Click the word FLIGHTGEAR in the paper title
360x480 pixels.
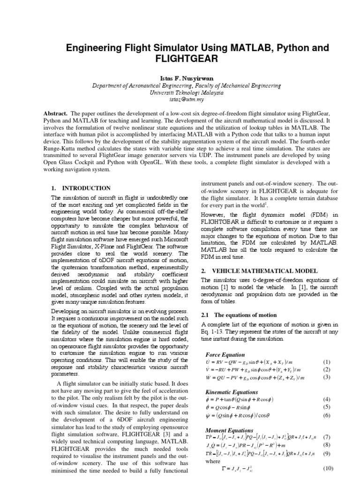pyautogui.click(x=180, y=60)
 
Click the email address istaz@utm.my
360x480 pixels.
pyautogui.click(x=180, y=99)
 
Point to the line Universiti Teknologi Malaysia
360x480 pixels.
pyautogui.click(x=180, y=92)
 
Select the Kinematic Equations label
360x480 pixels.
pyautogui.click(x=232, y=392)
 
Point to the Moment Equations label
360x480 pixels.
pyautogui.click(x=230, y=430)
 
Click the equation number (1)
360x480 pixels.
pyautogui.click(x=327, y=362)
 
